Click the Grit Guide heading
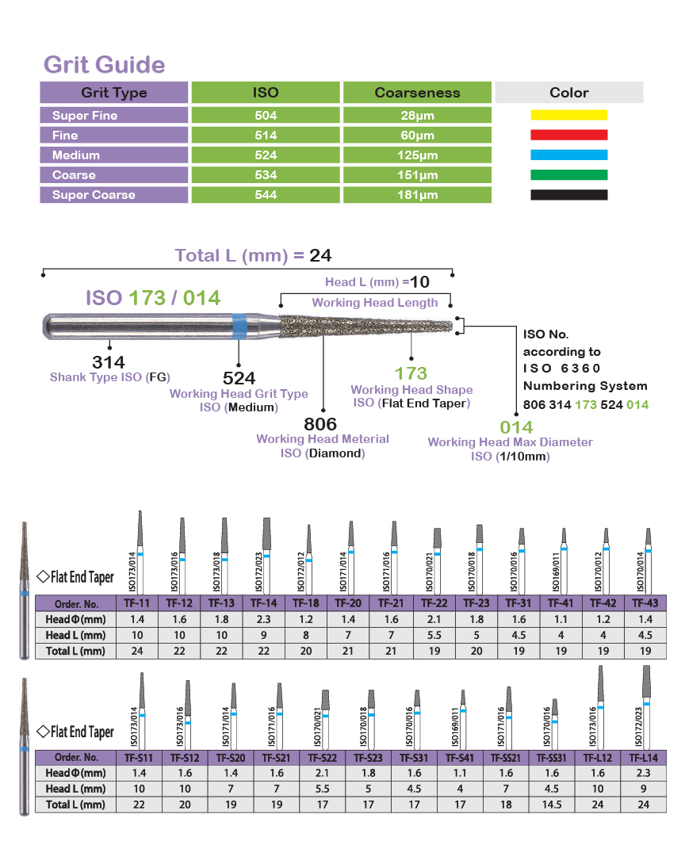(104, 64)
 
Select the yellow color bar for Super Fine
(568, 115)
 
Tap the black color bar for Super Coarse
(568, 195)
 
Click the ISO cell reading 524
(266, 155)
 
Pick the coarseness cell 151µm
(418, 175)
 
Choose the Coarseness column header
(418, 93)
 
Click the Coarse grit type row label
(74, 175)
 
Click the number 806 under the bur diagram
(321, 424)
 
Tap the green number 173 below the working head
(411, 373)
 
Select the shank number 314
(109, 362)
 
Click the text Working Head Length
(374, 303)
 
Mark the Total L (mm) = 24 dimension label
(253, 255)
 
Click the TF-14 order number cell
(266, 603)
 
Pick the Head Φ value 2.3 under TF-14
(266, 619)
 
